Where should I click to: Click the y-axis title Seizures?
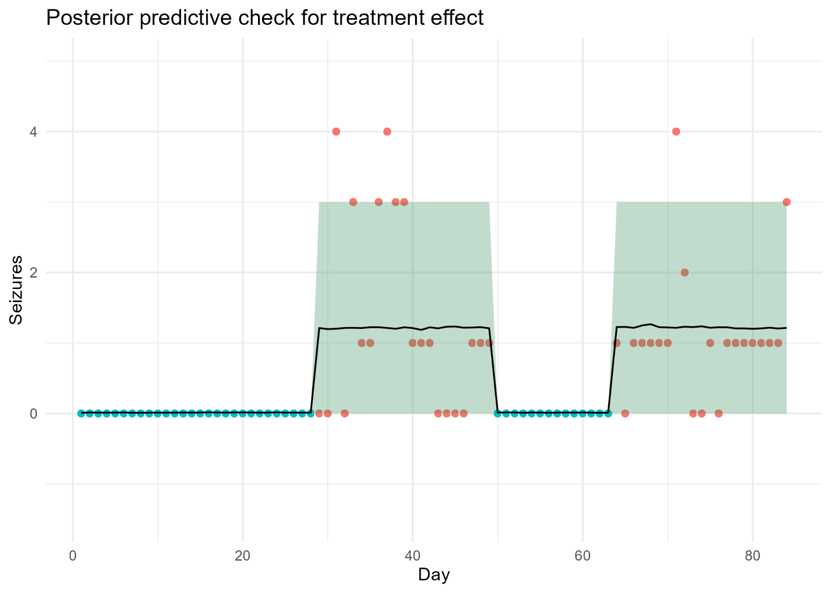tap(16, 290)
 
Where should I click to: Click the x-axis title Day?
tap(434, 575)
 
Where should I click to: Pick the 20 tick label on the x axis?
tap(243, 556)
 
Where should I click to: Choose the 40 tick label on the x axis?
tap(413, 556)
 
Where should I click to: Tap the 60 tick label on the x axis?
tap(582, 556)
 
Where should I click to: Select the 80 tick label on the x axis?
tap(752, 556)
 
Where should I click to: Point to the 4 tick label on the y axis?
tap(33, 132)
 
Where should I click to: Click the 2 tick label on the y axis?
tap(33, 273)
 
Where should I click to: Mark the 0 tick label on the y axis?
tap(33, 414)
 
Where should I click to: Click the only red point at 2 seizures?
tap(685, 272)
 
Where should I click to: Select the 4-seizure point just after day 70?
tap(676, 132)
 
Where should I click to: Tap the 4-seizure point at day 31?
tap(336, 132)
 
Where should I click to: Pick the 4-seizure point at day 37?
tap(387, 132)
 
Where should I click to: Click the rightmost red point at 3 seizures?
tap(787, 202)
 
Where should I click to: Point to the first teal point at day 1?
tap(81, 413)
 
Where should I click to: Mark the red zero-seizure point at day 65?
tap(625, 413)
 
